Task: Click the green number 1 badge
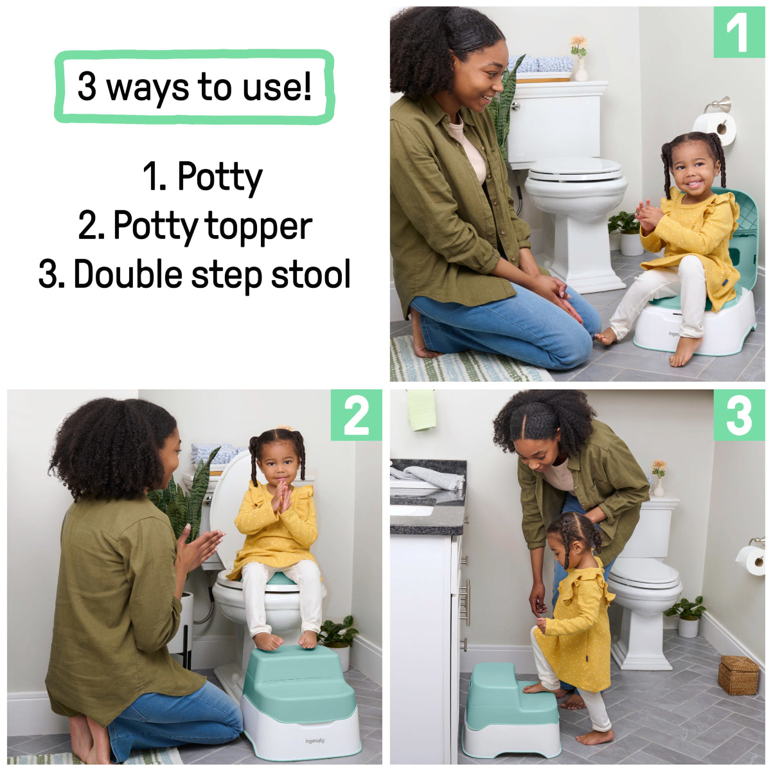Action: pyautogui.click(x=738, y=32)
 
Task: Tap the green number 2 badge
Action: pyautogui.click(x=356, y=415)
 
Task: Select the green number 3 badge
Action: pyautogui.click(x=738, y=415)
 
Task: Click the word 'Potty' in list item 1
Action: pyautogui.click(x=220, y=176)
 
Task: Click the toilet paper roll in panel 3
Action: pyautogui.click(x=752, y=559)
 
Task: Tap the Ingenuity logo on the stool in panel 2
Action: pyautogui.click(x=315, y=741)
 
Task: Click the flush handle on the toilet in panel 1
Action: pyautogui.click(x=515, y=106)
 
